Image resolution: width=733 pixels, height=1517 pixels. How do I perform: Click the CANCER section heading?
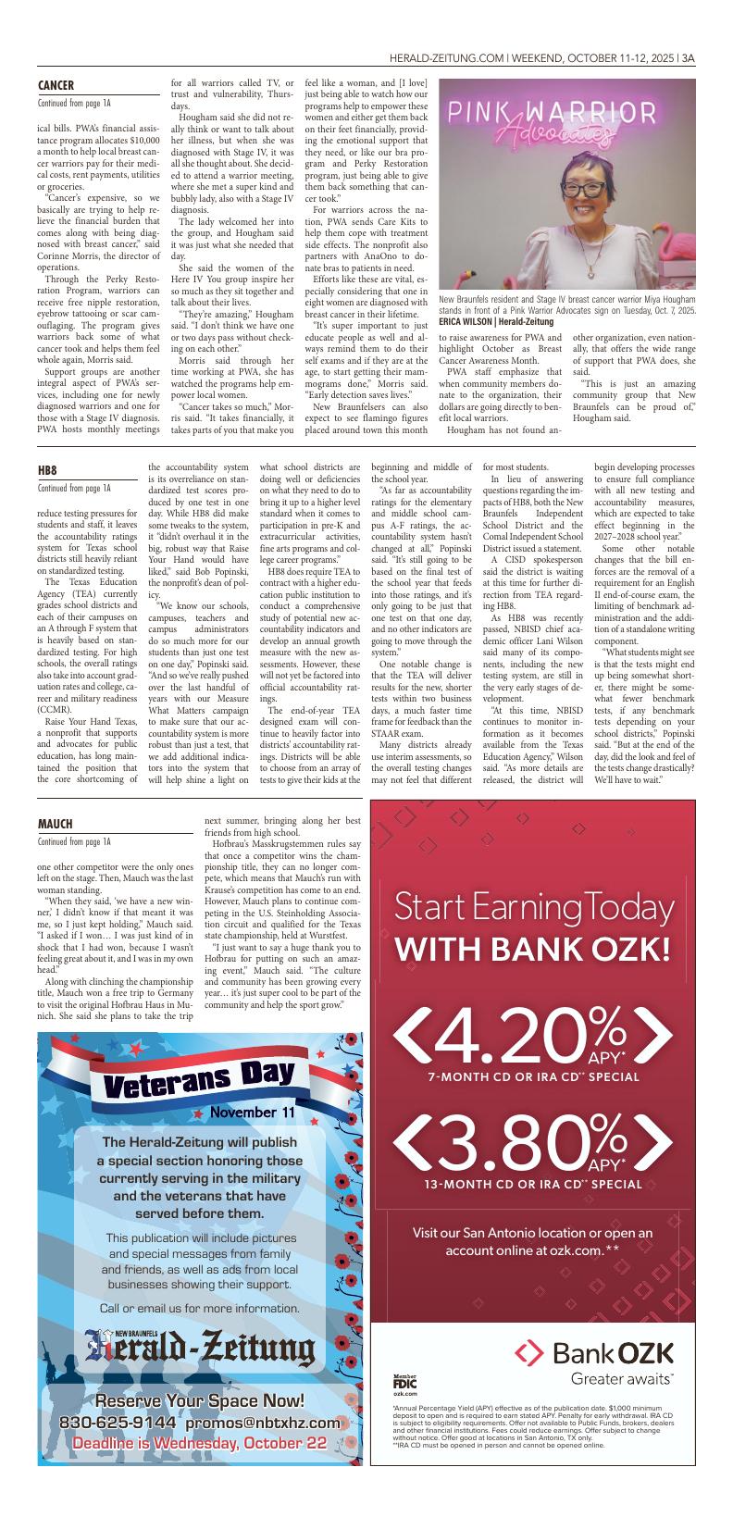click(56, 85)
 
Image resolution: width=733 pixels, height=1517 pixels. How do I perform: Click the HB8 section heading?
click(47, 470)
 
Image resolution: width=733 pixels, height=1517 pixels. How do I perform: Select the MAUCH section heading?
click(55, 824)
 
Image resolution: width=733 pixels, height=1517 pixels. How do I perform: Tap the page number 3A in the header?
click(688, 57)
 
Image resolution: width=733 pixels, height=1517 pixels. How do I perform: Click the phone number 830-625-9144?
click(118, 1422)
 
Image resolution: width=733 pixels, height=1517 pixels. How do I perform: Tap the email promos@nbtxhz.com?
click(256, 1422)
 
